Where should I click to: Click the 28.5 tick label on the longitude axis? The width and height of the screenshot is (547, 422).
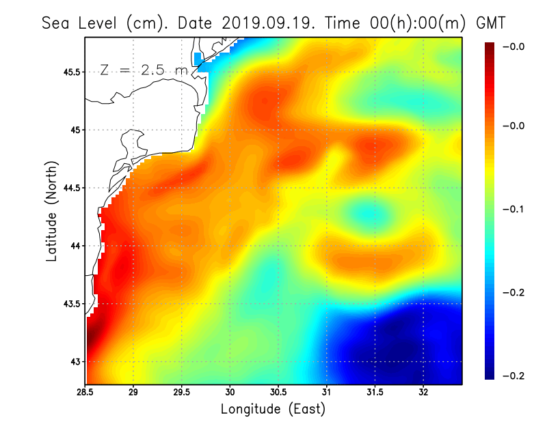(x=85, y=393)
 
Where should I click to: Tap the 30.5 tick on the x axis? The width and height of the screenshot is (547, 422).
(x=278, y=393)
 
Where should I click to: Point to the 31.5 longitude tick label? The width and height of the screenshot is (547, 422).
(x=375, y=393)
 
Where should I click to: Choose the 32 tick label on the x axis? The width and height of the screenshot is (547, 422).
(x=424, y=393)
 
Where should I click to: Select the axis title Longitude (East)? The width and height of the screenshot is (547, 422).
(x=273, y=409)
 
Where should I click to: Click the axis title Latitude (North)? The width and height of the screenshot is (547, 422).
(x=52, y=212)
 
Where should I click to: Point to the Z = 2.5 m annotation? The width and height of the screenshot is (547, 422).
(x=143, y=70)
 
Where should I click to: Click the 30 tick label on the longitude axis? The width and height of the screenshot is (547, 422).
(x=230, y=393)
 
